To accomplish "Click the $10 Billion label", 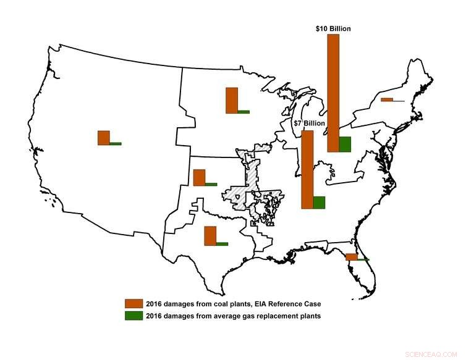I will pos(332,28).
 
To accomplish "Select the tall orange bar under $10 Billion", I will pos(333,93).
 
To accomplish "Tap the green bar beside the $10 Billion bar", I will pos(345,144).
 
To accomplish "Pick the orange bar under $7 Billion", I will pos(307,170).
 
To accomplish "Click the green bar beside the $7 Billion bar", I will pos(319,203).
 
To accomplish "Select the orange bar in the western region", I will pos(103,138).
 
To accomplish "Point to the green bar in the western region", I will pos(116,143).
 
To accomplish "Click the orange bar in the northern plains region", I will pos(231,101).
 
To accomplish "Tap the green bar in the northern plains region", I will pos(244,112).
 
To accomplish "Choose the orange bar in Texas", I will pos(210,236).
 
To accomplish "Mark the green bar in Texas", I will pos(222,244).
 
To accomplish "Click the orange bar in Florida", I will pos(351,257).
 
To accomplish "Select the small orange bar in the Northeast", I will pos(387,99).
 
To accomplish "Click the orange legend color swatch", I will pos(133,304).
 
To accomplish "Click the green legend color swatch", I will pos(133,316).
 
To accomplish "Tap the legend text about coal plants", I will pos(233,304).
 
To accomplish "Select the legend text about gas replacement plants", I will pos(232,316).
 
